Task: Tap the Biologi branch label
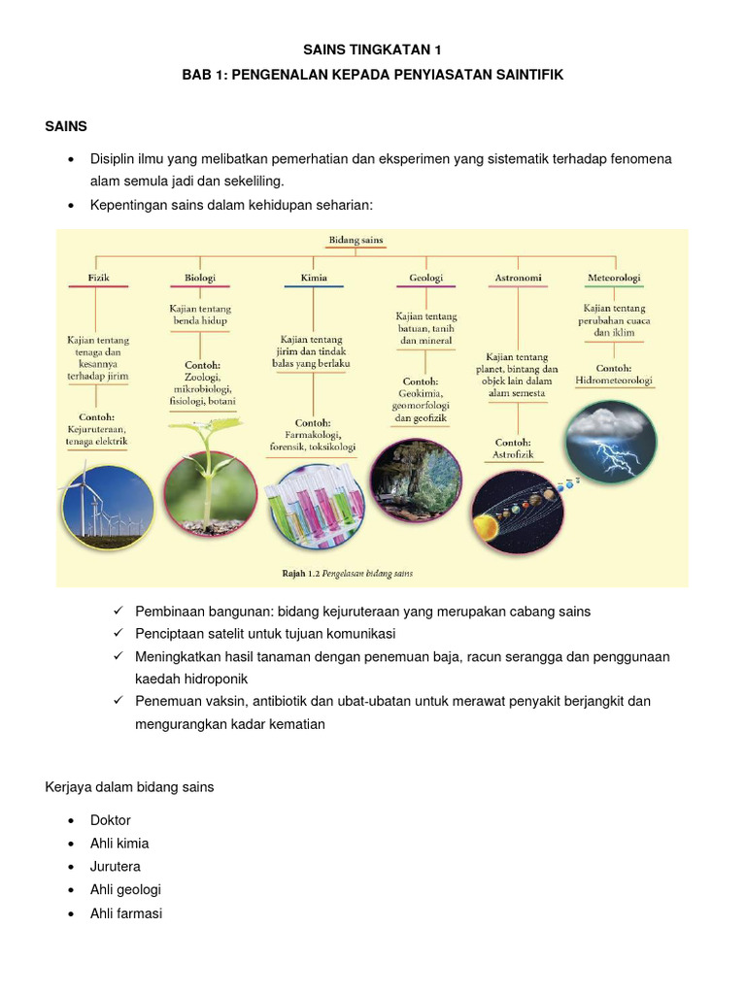(x=200, y=278)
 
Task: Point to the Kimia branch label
(x=314, y=278)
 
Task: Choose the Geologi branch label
(x=425, y=278)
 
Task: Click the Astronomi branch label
(x=517, y=278)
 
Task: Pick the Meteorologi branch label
(x=614, y=278)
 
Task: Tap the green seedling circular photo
(x=210, y=480)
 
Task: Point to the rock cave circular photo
(x=417, y=480)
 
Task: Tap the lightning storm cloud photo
(x=611, y=442)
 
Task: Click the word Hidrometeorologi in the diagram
(x=613, y=381)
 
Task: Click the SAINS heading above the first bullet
(x=66, y=126)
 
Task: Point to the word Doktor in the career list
(x=111, y=820)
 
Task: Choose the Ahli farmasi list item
(x=126, y=913)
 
